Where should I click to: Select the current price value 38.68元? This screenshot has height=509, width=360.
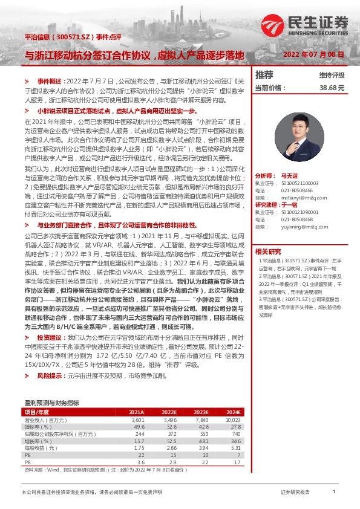click(x=332, y=87)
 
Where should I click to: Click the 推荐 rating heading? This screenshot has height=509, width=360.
click(x=264, y=75)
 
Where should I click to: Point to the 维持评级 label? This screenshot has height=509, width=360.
click(x=332, y=76)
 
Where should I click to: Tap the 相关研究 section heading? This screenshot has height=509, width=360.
click(x=268, y=251)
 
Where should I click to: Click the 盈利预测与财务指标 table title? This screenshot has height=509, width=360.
click(x=51, y=402)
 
